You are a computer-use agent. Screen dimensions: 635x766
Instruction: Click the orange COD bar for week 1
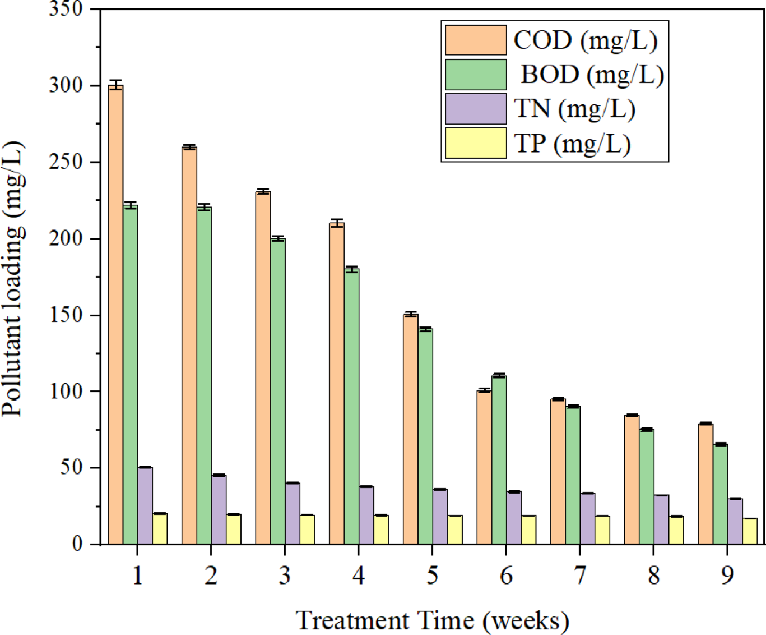coord(115,314)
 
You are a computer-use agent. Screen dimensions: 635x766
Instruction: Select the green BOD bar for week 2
coord(204,376)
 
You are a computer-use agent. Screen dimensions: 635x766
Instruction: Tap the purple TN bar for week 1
coord(145,505)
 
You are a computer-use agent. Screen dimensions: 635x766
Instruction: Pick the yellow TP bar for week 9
coord(750,531)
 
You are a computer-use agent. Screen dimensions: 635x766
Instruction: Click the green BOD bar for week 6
coord(499,460)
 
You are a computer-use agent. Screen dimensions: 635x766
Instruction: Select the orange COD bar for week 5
coord(411,429)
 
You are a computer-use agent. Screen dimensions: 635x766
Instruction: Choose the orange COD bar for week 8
coord(632,480)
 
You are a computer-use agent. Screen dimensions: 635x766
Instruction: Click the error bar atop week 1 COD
coord(115,85)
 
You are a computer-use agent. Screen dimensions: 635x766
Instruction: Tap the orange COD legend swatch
coord(476,40)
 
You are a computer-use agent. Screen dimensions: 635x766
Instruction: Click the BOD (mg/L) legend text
coord(592,75)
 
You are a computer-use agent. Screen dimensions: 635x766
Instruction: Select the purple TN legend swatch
coord(476,108)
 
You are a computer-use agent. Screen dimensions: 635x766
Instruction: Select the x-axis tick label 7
coord(579,576)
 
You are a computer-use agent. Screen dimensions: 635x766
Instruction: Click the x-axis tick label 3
coord(285,576)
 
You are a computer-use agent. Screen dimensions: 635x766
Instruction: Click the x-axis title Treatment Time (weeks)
coord(432,621)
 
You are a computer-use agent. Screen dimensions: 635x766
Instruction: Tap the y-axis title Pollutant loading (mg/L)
coord(13,279)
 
